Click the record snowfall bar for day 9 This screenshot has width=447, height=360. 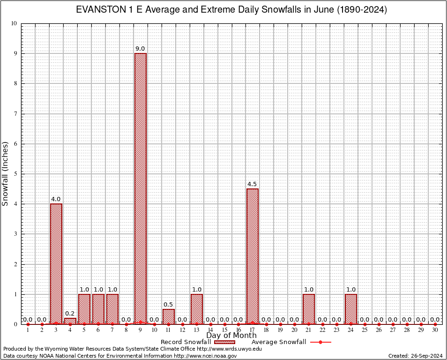pyautogui.click(x=140, y=187)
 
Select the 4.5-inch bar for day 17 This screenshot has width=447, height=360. pyautogui.click(x=253, y=256)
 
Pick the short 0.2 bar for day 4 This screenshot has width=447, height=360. pyautogui.click(x=70, y=321)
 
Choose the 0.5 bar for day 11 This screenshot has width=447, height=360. pyautogui.click(x=169, y=316)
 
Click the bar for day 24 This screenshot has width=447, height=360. pyautogui.click(x=351, y=309)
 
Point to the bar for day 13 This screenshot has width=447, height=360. pyautogui.click(x=197, y=309)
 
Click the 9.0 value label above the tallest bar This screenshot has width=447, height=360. pyautogui.click(x=140, y=49)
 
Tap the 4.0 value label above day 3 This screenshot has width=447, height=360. pyautogui.click(x=56, y=199)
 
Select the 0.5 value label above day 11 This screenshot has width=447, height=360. pyautogui.click(x=169, y=305)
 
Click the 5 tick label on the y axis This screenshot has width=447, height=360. pyautogui.click(x=15, y=174)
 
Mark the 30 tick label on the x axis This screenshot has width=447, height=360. pyautogui.click(x=435, y=330)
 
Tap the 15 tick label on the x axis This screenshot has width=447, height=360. pyautogui.click(x=224, y=330)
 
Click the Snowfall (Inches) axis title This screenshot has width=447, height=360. pyautogui.click(x=6, y=173)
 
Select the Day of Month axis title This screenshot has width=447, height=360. pyautogui.click(x=231, y=336)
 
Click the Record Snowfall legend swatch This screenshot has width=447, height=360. pyautogui.click(x=224, y=342)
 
